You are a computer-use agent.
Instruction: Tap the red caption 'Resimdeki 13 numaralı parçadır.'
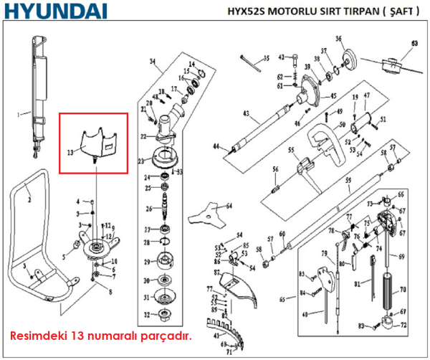pos(100,335)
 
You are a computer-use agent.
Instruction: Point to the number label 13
pos(70,152)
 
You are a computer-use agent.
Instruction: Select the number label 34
pos(152,62)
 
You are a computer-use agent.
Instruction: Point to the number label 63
pos(414,44)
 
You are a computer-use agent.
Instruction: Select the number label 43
pos(246,114)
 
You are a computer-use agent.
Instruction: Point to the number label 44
pos(216,146)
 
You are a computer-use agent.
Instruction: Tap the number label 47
pos(366,95)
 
